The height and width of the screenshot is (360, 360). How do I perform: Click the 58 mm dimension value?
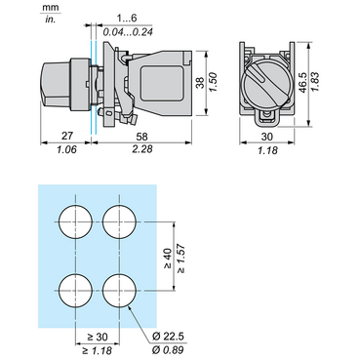[140, 136]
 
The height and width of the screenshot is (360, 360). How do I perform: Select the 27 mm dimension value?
[66, 136]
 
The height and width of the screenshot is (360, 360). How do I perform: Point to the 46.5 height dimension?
[303, 83]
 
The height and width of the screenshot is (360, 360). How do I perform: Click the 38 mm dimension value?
[201, 83]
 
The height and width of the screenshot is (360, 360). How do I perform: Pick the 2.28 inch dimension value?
[142, 149]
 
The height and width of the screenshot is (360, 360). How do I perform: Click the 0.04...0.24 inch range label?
[128, 32]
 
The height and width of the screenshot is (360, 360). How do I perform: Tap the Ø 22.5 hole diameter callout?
[168, 337]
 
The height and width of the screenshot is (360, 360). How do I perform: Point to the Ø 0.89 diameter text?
[168, 350]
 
